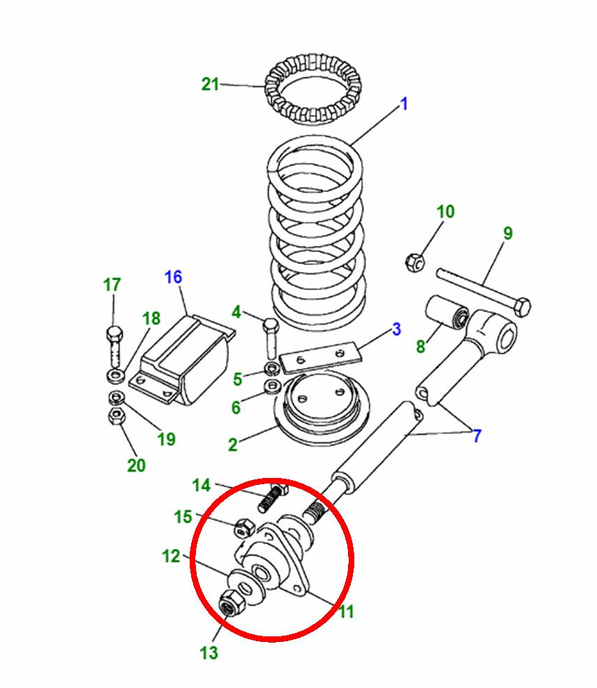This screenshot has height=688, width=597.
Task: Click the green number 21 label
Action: pyautogui.click(x=210, y=84)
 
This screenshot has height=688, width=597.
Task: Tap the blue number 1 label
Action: pyautogui.click(x=403, y=105)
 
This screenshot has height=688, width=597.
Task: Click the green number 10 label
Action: pyautogui.click(x=446, y=212)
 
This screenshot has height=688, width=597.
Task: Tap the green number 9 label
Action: pyautogui.click(x=508, y=233)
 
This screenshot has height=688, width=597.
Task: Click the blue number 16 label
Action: pyautogui.click(x=173, y=277)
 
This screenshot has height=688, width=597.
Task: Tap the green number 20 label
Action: pyautogui.click(x=137, y=465)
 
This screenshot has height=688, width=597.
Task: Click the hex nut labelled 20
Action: pyautogui.click(x=116, y=417)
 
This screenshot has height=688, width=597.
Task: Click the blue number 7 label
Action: pyautogui.click(x=477, y=437)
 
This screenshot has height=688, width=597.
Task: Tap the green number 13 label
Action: pyautogui.click(x=209, y=652)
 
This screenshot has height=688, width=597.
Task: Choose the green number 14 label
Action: pyautogui.click(x=201, y=485)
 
